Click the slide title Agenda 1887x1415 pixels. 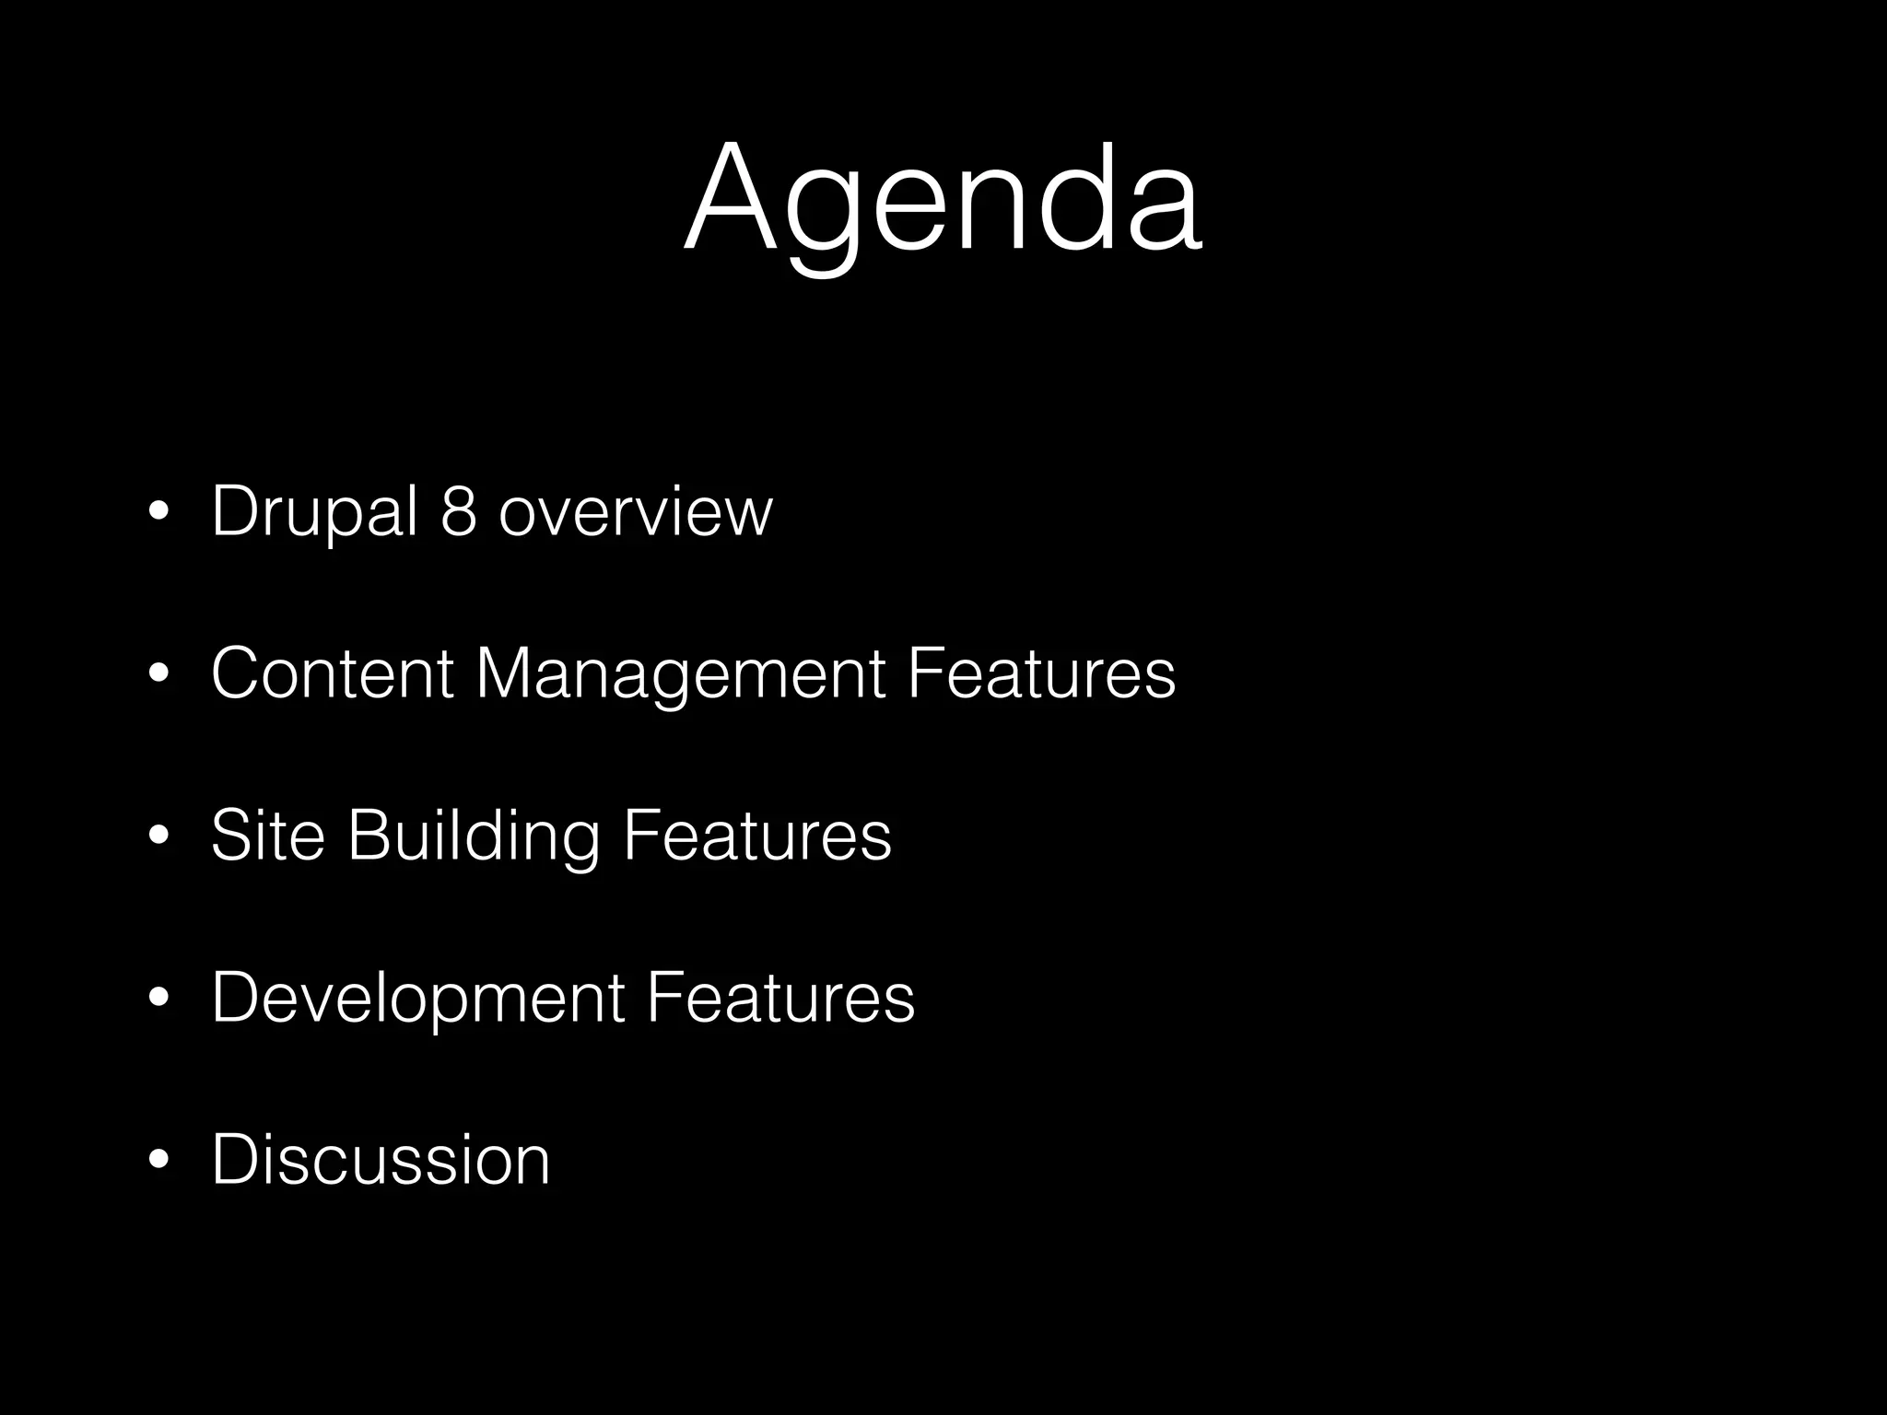[943, 198]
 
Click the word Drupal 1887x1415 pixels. [314, 511]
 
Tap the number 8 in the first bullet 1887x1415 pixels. [458, 511]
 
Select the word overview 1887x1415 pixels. [635, 513]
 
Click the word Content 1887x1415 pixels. [332, 673]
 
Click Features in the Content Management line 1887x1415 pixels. [1040, 673]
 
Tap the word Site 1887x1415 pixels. [267, 836]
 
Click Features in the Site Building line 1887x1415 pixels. [756, 836]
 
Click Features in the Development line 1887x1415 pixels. [779, 997]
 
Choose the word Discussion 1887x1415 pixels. [381, 1159]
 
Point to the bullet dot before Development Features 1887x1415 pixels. [159, 999]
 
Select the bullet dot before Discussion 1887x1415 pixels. [159, 1161]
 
